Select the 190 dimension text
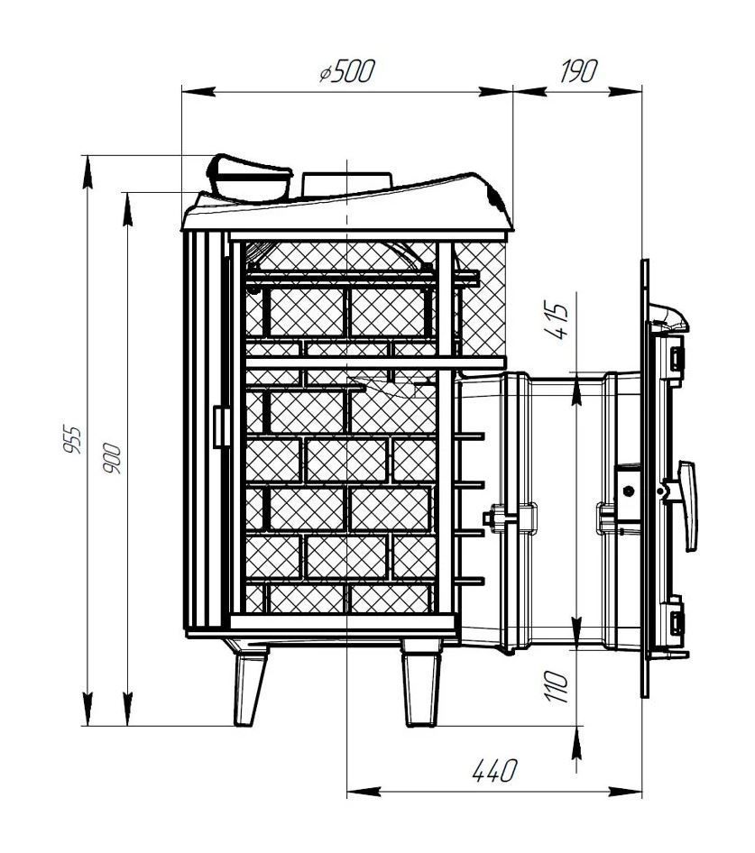coord(578,70)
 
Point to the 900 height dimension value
coord(113,457)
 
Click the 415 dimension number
coord(559,322)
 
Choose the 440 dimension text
coord(494,771)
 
